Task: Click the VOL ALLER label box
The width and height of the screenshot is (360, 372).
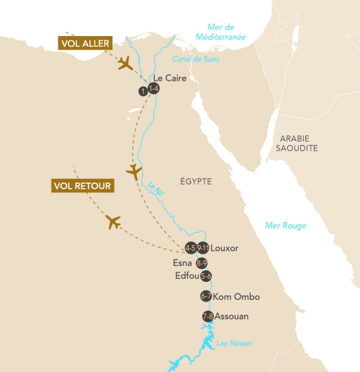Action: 84,44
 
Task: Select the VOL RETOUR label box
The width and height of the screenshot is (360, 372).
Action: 83,186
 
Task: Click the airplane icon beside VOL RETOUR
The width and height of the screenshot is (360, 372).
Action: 113,221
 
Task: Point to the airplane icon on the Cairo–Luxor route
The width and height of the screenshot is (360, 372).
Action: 134,172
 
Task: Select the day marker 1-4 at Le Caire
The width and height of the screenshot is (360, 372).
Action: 153,89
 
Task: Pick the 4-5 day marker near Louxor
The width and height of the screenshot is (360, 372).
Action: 191,248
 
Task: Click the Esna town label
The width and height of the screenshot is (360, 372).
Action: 183,262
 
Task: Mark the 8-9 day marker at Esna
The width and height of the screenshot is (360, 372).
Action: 202,262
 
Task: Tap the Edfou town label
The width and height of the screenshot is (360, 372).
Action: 186,276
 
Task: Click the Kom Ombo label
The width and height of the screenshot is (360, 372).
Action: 237,296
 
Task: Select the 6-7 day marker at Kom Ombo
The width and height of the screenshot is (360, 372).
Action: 206,296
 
